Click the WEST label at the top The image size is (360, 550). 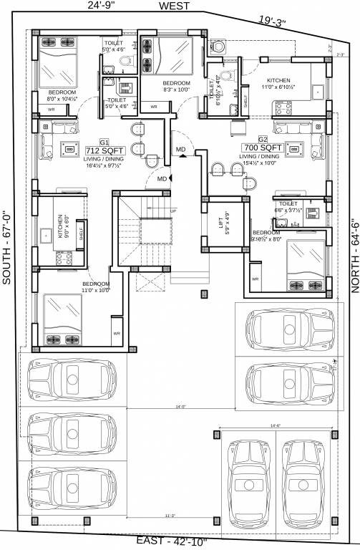(x=174, y=6)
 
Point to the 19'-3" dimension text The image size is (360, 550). (x=272, y=22)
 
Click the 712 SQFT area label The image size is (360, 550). (x=104, y=150)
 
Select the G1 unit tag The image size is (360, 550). (x=104, y=143)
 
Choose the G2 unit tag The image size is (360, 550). (x=263, y=137)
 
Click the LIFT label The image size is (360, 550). (x=220, y=223)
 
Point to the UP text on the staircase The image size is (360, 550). (x=172, y=211)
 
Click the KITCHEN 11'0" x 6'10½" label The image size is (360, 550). (x=278, y=83)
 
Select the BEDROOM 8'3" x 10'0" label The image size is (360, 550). (x=166, y=87)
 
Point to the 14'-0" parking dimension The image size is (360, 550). (x=180, y=407)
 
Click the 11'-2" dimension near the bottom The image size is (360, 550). (x=170, y=515)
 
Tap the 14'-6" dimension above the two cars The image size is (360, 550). (x=276, y=426)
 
